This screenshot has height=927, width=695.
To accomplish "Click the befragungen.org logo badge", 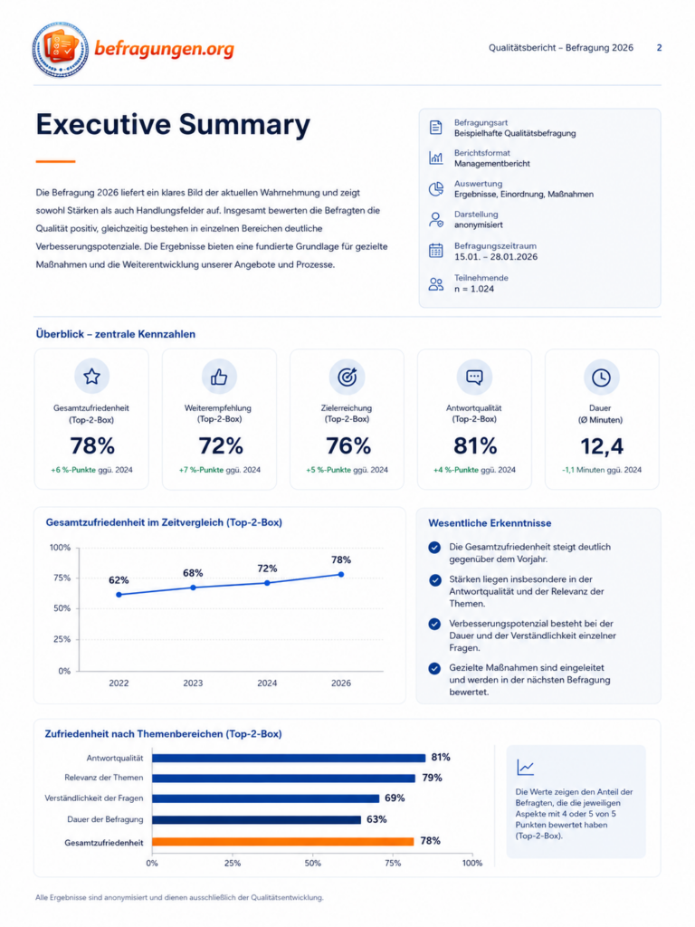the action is click(x=61, y=50).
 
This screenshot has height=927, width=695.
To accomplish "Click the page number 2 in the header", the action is click(x=659, y=48).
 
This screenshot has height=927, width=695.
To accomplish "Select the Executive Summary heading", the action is click(x=173, y=125).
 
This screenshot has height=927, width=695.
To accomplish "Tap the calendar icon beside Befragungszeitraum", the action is click(x=435, y=251).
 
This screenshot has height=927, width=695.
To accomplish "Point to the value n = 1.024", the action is click(x=474, y=289).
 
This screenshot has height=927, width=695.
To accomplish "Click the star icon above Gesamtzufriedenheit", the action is click(x=91, y=377).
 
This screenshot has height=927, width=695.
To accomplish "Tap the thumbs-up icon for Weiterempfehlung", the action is click(x=219, y=377).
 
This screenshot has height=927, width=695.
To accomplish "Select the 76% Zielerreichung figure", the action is click(x=348, y=445).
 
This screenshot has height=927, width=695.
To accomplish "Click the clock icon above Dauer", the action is click(x=601, y=377).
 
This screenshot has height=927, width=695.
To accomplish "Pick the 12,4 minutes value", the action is click(x=602, y=446).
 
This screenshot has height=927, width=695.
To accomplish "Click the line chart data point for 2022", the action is click(x=119, y=595).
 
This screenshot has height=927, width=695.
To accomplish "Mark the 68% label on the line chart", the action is click(x=193, y=573).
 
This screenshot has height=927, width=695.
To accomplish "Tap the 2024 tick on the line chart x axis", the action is click(x=267, y=683).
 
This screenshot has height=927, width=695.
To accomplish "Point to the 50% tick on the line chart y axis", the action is click(x=62, y=608).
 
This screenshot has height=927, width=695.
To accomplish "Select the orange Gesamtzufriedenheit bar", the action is click(x=283, y=841).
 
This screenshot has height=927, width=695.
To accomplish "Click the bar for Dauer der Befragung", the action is click(x=256, y=819).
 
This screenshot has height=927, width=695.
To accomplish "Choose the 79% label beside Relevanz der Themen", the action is click(x=432, y=778).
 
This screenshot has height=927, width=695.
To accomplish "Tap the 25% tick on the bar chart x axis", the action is click(x=233, y=863).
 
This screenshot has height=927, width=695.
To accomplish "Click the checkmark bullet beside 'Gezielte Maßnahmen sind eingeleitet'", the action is click(x=434, y=669).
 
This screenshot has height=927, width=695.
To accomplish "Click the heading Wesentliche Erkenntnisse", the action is click(x=490, y=523).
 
